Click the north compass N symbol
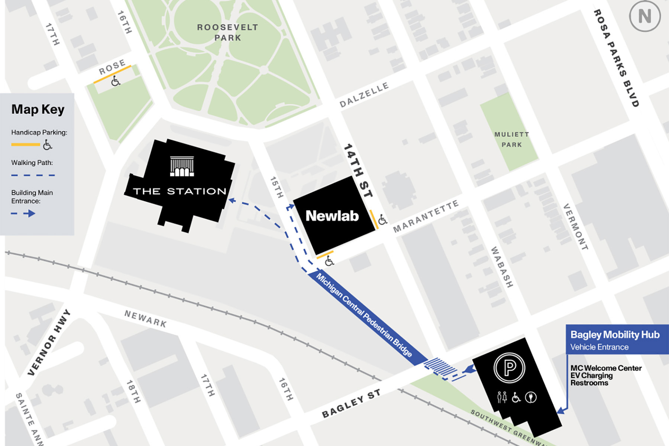(644, 16)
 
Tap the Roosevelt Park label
(227, 32)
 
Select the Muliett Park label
(511, 139)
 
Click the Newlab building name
(332, 216)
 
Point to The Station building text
(180, 191)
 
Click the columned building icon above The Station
(182, 166)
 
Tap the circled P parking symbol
(509, 367)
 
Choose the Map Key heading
(38, 109)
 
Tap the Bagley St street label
(351, 403)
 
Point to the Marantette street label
(426, 216)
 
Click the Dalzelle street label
(364, 95)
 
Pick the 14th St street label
(358, 170)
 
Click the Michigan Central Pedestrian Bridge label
(364, 315)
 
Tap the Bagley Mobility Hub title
(615, 335)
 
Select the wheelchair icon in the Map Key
(47, 144)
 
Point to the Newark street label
(145, 319)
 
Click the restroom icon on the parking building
(502, 397)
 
